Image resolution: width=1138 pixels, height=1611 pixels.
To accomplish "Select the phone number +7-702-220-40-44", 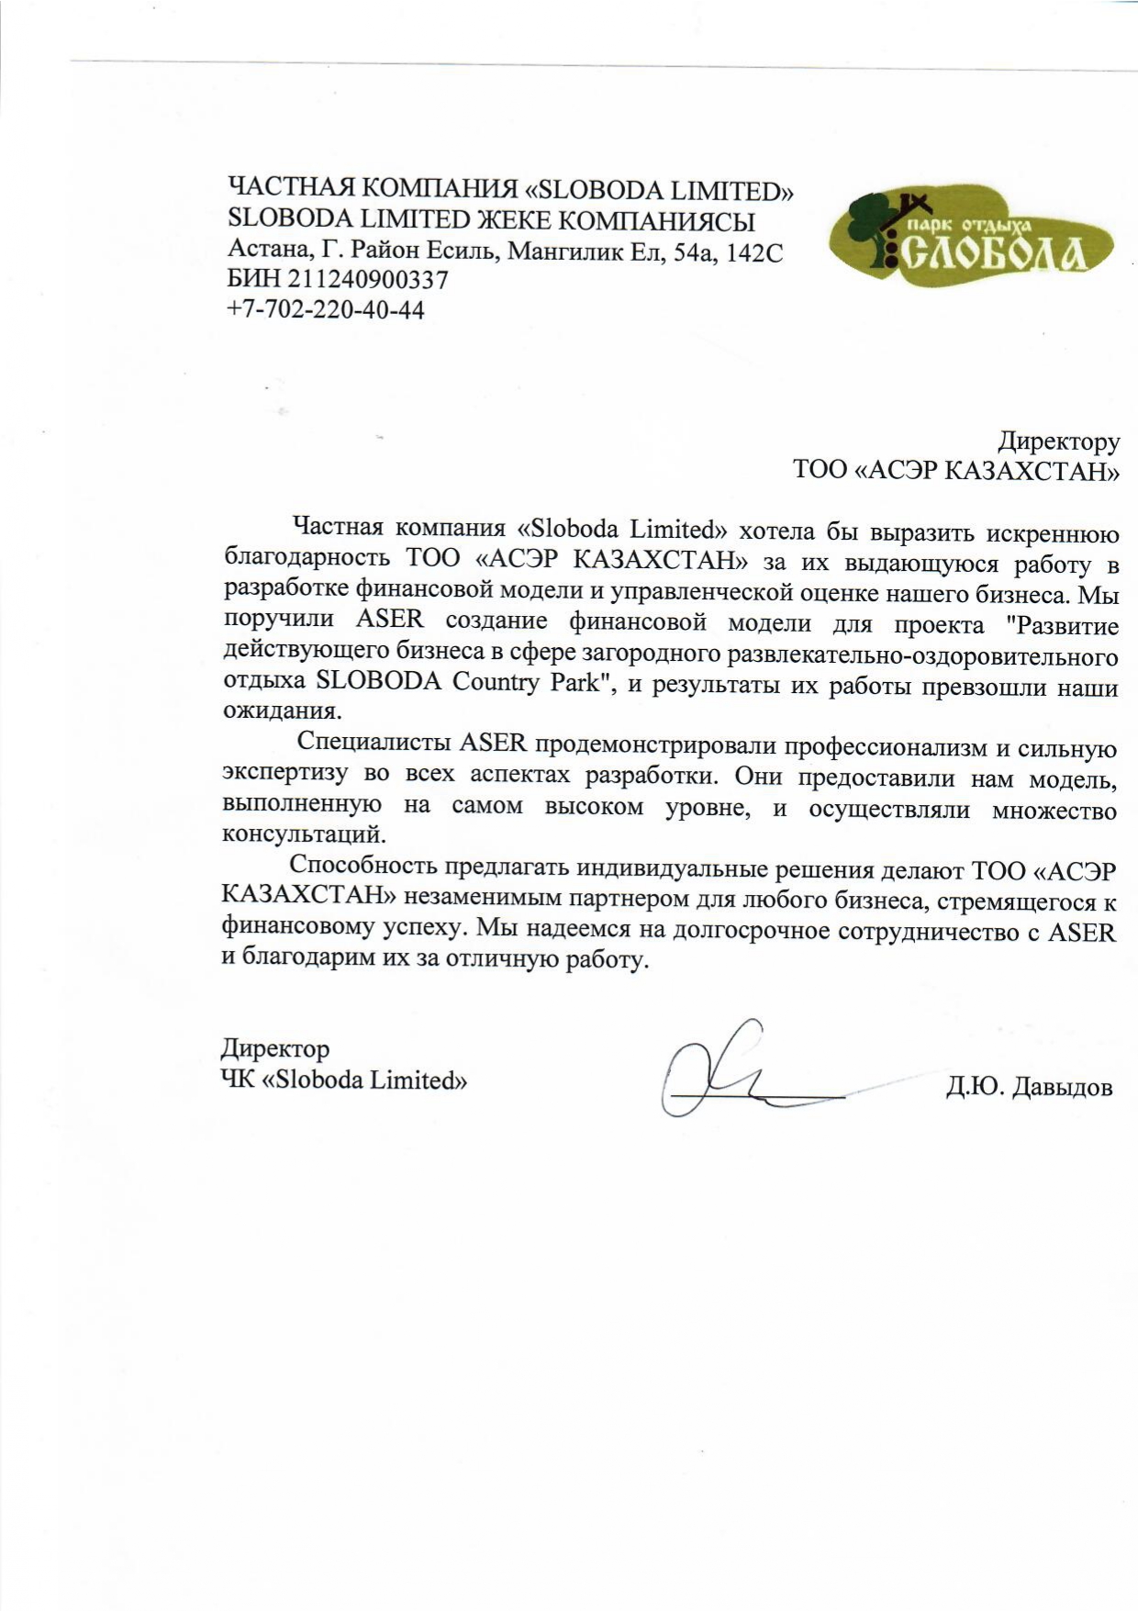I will [x=326, y=309].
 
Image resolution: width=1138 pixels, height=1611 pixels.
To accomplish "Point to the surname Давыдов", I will [x=1062, y=1088].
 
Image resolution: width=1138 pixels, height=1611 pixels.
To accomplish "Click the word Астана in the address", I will [x=266, y=251].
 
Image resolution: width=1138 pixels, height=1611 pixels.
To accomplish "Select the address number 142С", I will [x=754, y=252].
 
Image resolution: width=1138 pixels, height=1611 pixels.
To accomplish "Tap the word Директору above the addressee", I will [x=1058, y=442].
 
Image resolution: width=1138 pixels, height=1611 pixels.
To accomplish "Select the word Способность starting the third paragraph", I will [x=364, y=866].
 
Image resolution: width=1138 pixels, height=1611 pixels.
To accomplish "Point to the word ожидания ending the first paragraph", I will [x=280, y=710].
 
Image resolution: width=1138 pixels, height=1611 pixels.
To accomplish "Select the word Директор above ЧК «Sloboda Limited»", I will [x=274, y=1048].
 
